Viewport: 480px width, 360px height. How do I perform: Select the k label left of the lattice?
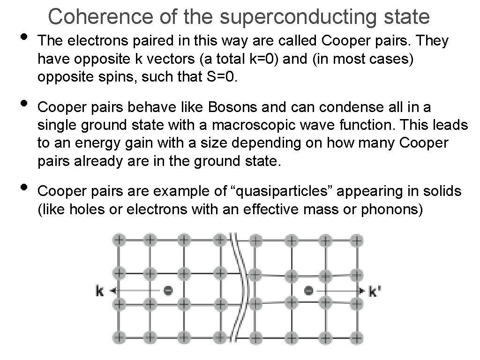click(x=99, y=291)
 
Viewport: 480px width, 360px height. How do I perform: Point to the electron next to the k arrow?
click(x=168, y=291)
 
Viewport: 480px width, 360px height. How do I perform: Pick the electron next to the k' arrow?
click(x=308, y=291)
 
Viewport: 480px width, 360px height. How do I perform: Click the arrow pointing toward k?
click(x=136, y=291)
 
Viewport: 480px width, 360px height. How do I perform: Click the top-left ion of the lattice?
click(x=119, y=240)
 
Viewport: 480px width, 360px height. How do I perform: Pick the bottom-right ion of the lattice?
click(x=357, y=337)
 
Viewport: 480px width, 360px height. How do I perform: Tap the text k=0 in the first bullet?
click(x=221, y=59)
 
